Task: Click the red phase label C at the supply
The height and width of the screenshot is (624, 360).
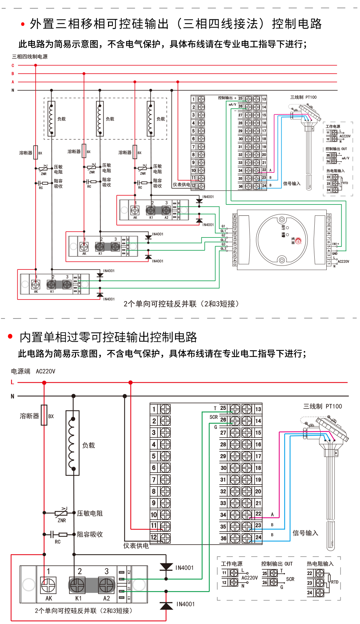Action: point(13,65)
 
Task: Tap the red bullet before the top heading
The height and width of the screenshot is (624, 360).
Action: point(23,24)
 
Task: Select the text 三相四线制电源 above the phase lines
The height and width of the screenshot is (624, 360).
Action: point(30,57)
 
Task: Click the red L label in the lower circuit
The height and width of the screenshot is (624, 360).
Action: point(12,382)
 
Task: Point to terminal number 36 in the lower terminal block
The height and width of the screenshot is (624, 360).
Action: point(223,538)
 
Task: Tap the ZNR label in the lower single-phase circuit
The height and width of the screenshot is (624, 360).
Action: point(62,520)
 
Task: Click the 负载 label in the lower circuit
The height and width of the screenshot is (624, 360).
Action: point(89,446)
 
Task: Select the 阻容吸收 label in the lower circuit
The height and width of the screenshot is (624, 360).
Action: point(90,534)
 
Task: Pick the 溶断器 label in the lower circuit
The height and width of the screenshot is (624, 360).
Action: point(29,416)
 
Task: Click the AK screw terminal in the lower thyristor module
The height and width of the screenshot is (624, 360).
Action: point(48,585)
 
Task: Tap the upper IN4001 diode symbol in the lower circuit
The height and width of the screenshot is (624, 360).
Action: point(166,567)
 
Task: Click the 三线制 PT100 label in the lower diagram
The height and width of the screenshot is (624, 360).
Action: point(322,406)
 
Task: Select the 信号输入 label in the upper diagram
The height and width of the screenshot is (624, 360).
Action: point(292,183)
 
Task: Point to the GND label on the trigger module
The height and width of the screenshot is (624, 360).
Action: point(335,253)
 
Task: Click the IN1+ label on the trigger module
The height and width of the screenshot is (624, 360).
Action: point(335,244)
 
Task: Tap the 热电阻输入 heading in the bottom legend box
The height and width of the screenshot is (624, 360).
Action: point(320,564)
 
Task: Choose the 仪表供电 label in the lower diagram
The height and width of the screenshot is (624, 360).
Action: point(136,546)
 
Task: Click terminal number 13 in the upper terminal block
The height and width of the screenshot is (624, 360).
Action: point(264,99)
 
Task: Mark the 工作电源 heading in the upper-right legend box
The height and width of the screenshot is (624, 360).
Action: point(333,126)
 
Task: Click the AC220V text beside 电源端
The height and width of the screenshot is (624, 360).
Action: point(46,371)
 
